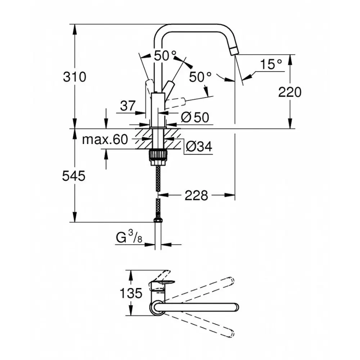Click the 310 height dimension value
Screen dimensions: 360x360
click(x=75, y=77)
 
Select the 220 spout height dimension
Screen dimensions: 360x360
click(x=290, y=92)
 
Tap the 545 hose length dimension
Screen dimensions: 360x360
click(x=74, y=176)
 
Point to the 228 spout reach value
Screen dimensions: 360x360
click(x=196, y=195)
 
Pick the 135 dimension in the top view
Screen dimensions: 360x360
click(x=131, y=293)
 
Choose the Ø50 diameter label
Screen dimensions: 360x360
click(x=195, y=117)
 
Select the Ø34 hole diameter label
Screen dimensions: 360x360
click(x=199, y=146)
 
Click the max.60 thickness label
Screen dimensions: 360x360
click(x=105, y=139)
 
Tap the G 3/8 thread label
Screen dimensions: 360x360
click(x=129, y=237)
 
